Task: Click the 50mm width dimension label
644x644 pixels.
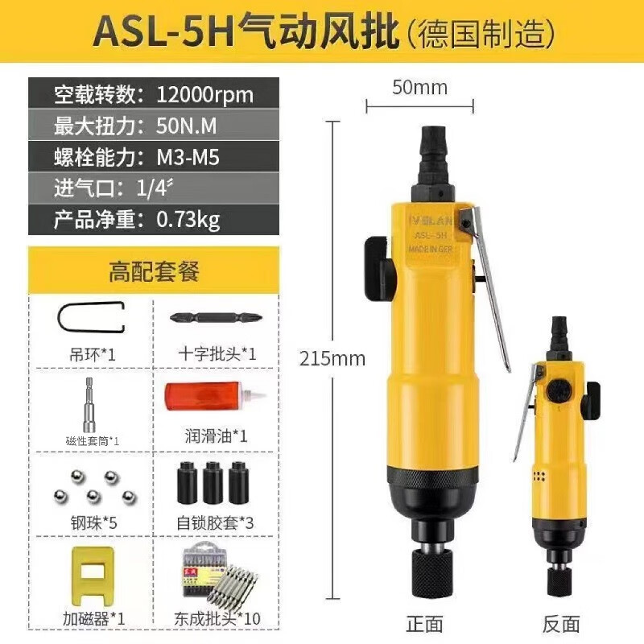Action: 419,87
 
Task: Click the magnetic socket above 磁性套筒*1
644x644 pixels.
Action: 91,402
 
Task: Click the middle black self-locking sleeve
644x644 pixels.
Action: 213,481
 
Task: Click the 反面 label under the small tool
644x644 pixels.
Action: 561,622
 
